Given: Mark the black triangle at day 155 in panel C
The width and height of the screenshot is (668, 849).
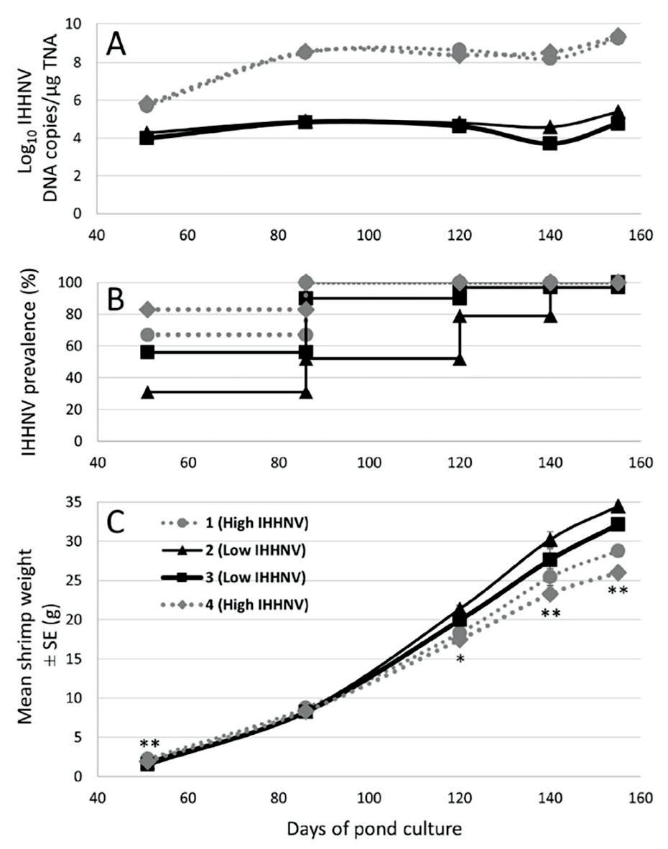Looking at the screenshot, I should (x=617, y=506).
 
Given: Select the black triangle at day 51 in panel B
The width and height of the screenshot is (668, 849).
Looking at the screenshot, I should (x=147, y=392).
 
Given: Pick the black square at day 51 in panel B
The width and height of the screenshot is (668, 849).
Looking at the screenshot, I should (x=147, y=352).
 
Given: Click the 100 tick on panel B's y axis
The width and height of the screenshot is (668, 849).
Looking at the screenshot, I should (x=75, y=283).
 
